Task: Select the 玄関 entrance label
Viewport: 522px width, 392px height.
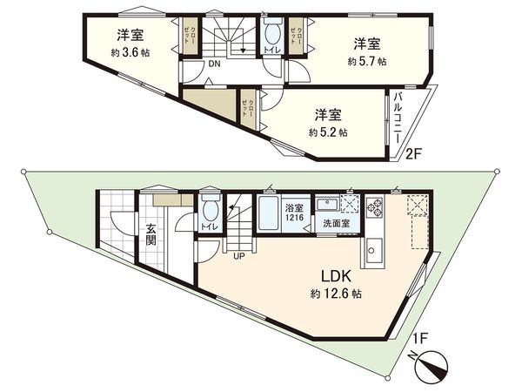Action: point(151,235)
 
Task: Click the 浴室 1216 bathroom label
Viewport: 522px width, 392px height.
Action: point(294,213)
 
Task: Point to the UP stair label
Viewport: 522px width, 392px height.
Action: point(238,255)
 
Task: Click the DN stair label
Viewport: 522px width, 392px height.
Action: point(212,63)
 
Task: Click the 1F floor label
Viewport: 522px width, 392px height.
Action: point(420,337)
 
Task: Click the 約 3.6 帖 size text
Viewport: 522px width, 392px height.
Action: point(130,52)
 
